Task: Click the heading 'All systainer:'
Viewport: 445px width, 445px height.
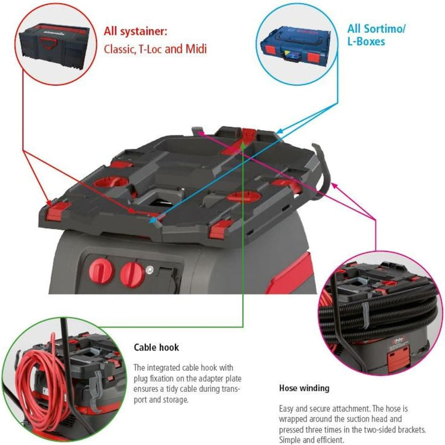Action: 135,31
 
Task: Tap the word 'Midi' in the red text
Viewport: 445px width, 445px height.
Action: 196,49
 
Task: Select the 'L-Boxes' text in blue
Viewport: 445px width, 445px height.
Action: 366,42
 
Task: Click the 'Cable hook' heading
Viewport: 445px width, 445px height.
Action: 156,347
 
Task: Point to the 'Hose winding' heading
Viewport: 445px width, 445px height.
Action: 304,388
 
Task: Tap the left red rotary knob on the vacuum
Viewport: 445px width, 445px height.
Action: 101,271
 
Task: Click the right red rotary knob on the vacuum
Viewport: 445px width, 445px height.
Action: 132,274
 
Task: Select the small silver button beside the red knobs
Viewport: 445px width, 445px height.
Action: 150,269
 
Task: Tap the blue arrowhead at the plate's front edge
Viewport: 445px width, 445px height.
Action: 153,220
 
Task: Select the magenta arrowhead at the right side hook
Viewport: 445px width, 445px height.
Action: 334,185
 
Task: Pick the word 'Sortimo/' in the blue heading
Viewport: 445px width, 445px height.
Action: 384,29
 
